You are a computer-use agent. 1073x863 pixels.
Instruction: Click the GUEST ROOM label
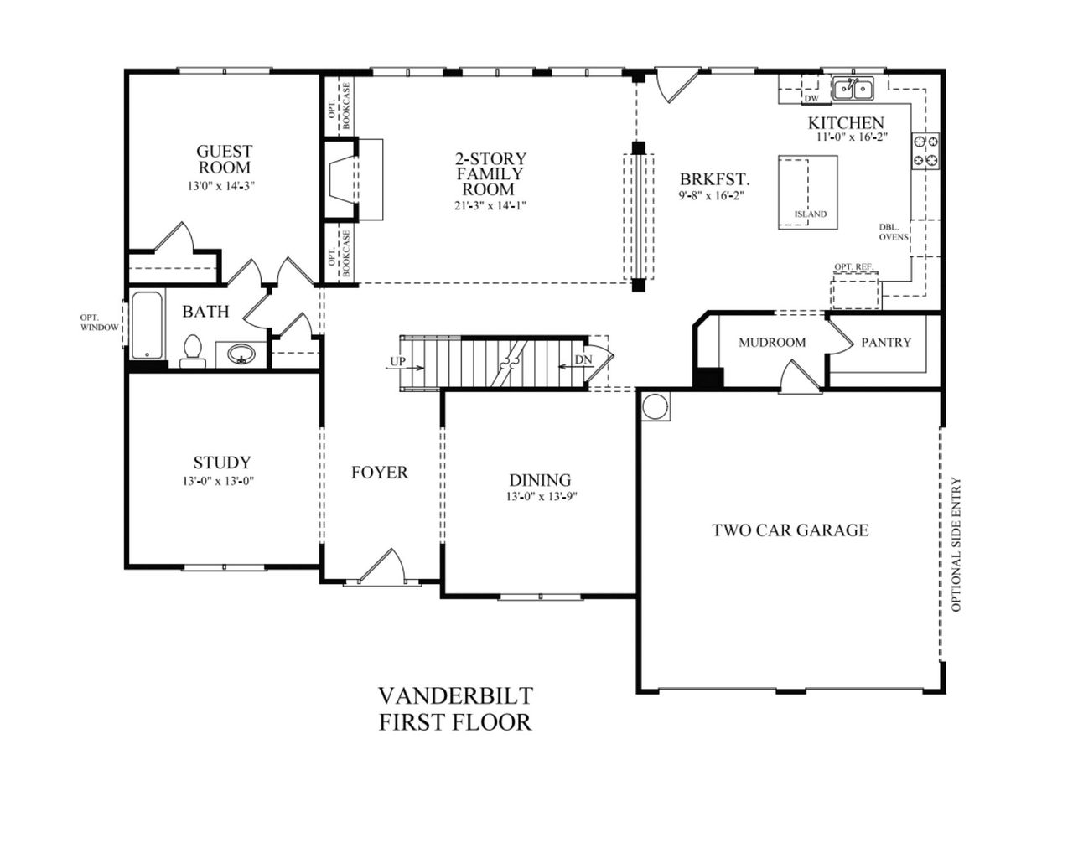pos(224,159)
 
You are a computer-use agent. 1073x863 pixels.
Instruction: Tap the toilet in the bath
pos(193,352)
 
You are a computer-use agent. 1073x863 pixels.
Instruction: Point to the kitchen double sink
pos(853,87)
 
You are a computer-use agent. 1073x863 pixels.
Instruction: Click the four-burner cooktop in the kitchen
pos(925,151)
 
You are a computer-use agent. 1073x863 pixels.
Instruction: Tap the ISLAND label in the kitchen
pos(811,214)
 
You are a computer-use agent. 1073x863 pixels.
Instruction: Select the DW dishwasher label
pos(811,99)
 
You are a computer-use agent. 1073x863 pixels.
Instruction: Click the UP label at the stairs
pos(398,362)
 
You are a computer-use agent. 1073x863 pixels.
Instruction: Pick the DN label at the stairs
pos(583,360)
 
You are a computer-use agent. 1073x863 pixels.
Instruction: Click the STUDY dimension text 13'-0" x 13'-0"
pos(222,481)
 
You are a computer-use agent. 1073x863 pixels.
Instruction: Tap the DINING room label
pos(540,480)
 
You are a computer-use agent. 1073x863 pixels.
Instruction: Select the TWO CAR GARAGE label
pos(790,530)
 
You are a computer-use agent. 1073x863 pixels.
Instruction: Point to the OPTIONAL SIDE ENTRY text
pos(956,545)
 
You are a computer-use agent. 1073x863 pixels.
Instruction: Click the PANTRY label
pos(885,342)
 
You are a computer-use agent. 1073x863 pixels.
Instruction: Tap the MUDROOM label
pos(772,342)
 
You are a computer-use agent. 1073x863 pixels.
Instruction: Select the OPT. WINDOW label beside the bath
pos(100,323)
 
